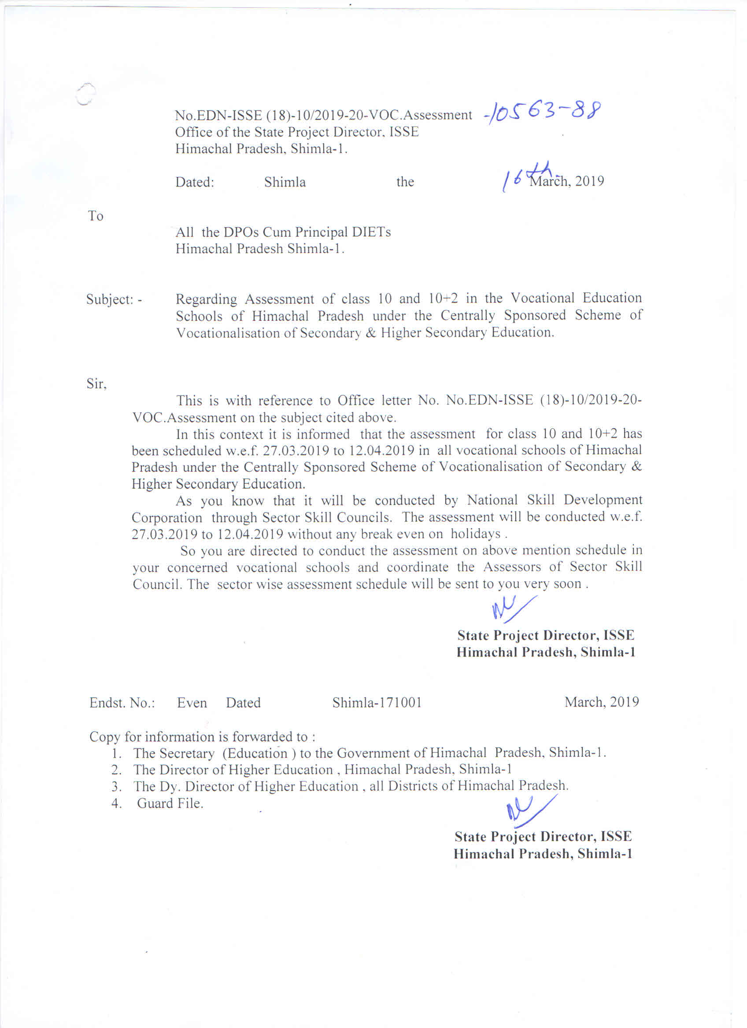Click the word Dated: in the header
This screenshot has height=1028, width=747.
pos(195,182)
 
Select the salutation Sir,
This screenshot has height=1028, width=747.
pos(96,384)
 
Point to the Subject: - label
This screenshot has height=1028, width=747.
pos(114,300)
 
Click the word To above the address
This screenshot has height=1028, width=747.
pos(96,216)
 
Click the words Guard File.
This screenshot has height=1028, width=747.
pos(170,803)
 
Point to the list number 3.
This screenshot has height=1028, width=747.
pos(117,786)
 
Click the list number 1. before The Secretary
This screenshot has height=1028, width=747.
pos(117,753)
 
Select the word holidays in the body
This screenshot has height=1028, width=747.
pos(475,534)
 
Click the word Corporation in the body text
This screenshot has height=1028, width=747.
pos(167,518)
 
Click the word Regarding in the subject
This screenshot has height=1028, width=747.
pos(207,299)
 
